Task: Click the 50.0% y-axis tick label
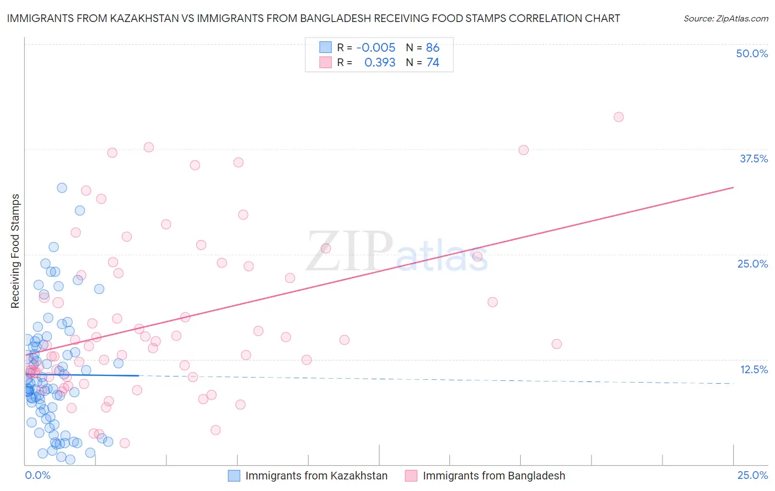click(752, 53)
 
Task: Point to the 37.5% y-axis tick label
click(754, 159)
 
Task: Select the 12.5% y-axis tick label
click(754, 369)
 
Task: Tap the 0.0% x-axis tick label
click(38, 475)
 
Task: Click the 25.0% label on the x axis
click(752, 475)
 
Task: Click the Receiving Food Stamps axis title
click(15, 251)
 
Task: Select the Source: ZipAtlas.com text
click(725, 19)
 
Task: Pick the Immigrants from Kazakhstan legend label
click(316, 476)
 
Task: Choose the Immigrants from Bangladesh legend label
click(494, 476)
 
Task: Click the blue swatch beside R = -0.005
click(325, 47)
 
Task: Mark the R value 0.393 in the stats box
click(380, 63)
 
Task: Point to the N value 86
click(433, 47)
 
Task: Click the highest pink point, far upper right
click(618, 117)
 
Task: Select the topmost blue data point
click(62, 188)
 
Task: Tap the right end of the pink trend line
click(733, 188)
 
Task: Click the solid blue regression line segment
click(83, 375)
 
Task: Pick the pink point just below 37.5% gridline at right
click(524, 150)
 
